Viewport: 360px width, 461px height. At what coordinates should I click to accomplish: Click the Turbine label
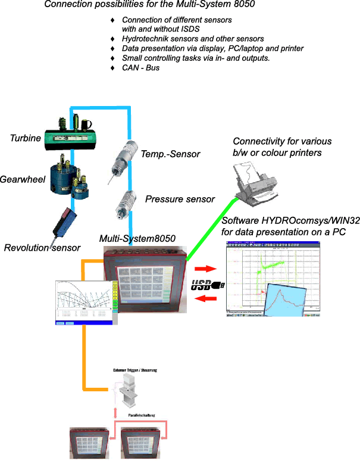(26, 138)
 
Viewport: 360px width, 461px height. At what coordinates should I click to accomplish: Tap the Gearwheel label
(23, 179)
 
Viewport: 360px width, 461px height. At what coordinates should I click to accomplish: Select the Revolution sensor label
(42, 248)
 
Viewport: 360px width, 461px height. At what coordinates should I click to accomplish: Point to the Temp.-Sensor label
(170, 154)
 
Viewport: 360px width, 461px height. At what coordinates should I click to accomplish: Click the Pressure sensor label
(180, 199)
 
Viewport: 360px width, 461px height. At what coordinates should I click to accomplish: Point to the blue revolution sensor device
(63, 222)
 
